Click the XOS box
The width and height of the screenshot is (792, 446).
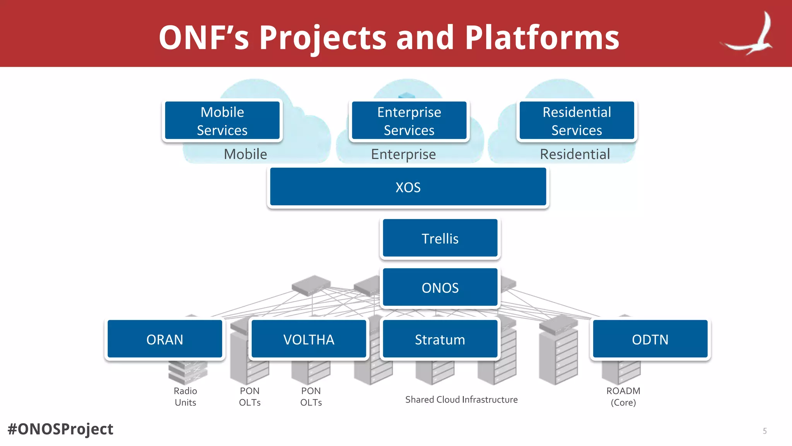click(408, 187)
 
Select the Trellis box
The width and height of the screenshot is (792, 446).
click(440, 238)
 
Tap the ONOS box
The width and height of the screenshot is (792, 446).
click(440, 288)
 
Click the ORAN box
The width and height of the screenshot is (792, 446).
click(165, 340)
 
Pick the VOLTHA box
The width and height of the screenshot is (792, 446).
click(309, 340)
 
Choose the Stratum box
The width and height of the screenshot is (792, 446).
click(440, 340)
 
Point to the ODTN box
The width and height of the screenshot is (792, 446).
click(650, 340)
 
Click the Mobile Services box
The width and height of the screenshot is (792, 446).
click(222, 121)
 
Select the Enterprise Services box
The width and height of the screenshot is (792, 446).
click(409, 121)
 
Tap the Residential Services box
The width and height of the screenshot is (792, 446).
click(577, 121)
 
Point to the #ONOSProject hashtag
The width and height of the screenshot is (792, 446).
click(60, 429)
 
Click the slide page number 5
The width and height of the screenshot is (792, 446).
click(765, 431)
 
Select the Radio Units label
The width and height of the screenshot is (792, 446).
click(185, 396)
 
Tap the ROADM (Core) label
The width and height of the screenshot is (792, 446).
click(623, 396)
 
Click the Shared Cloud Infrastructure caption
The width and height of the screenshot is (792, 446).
click(461, 400)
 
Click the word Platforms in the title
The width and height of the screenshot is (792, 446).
click(542, 38)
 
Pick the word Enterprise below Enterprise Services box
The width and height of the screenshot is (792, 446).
click(403, 154)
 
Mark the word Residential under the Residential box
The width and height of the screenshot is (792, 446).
click(575, 154)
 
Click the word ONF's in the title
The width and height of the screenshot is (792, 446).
click(204, 38)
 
